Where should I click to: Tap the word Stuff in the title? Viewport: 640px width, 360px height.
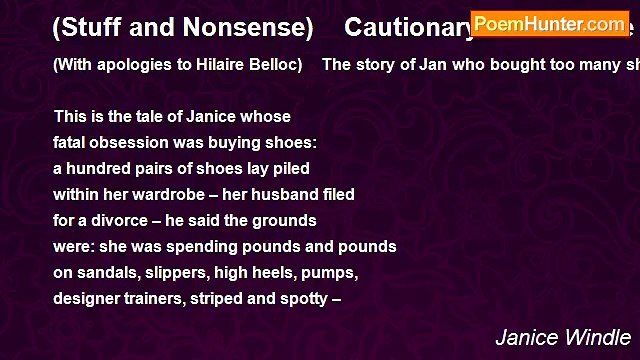click(x=90, y=28)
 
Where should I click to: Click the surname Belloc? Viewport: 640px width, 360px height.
click(x=272, y=66)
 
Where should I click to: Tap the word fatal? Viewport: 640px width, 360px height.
click(x=72, y=142)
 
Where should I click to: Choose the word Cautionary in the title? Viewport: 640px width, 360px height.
click(x=405, y=28)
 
